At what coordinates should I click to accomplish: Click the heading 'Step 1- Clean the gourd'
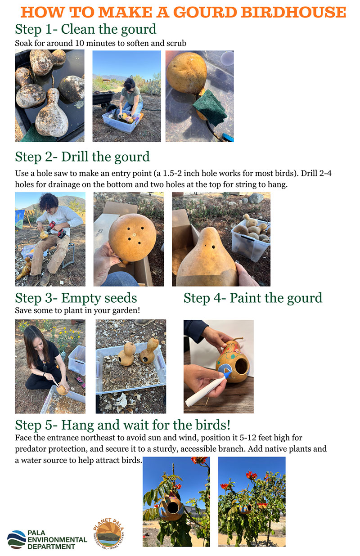click(x=85, y=29)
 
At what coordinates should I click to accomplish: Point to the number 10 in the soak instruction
click(x=80, y=43)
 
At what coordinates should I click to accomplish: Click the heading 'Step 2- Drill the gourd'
click(x=82, y=157)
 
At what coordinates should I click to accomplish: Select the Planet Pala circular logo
click(x=108, y=534)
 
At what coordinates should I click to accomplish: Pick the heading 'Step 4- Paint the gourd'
click(x=253, y=298)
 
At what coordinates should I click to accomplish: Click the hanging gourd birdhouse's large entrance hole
click(x=172, y=507)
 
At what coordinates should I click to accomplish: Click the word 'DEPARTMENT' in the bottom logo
click(x=51, y=547)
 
